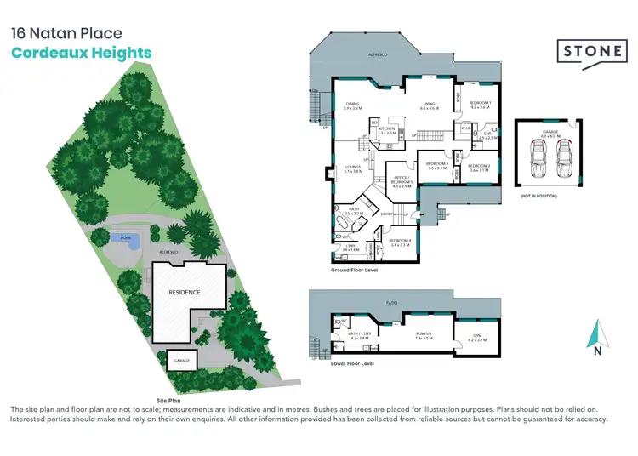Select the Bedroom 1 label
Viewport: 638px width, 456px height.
481,105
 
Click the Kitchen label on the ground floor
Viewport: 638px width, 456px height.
387,130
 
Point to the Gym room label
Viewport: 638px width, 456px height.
476,337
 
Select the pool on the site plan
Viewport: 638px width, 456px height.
126,241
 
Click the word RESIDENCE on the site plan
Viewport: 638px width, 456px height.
184,292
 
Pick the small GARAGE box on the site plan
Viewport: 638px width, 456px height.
182,360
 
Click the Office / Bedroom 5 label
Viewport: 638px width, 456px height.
402,181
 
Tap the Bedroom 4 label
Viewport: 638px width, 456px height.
400,242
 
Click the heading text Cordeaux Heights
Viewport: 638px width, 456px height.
81,53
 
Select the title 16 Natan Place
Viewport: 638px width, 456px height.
66,34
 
